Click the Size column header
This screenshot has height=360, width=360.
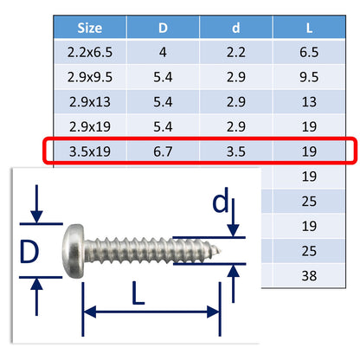89,27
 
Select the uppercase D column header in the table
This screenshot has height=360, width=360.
163,27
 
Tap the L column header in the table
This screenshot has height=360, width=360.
309,27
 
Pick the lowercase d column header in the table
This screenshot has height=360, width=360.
235,27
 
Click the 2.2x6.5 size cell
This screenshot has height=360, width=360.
89,51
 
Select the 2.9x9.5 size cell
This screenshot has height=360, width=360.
89,75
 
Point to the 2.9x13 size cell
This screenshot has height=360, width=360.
89,100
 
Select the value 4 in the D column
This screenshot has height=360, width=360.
163,51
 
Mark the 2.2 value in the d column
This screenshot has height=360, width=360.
235,51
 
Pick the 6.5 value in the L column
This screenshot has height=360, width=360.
309,51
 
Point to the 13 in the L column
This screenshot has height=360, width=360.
309,100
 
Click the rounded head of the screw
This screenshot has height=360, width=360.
75,249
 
